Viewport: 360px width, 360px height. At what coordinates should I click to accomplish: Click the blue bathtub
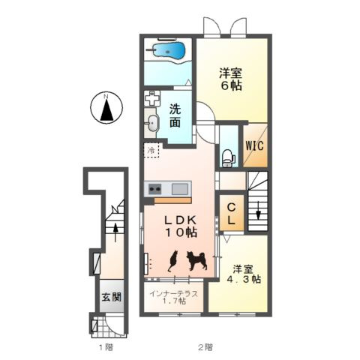(x=167, y=50)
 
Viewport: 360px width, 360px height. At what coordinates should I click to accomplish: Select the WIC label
(x=253, y=145)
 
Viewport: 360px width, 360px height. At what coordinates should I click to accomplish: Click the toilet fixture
(x=227, y=157)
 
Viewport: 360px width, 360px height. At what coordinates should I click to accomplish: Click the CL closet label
(x=231, y=214)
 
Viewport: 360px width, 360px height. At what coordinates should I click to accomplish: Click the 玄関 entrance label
(x=106, y=295)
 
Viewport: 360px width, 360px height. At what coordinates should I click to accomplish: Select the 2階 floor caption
(x=205, y=346)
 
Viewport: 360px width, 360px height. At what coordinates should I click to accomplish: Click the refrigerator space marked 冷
(x=151, y=151)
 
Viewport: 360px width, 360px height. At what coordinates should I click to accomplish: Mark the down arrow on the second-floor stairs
(x=257, y=214)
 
